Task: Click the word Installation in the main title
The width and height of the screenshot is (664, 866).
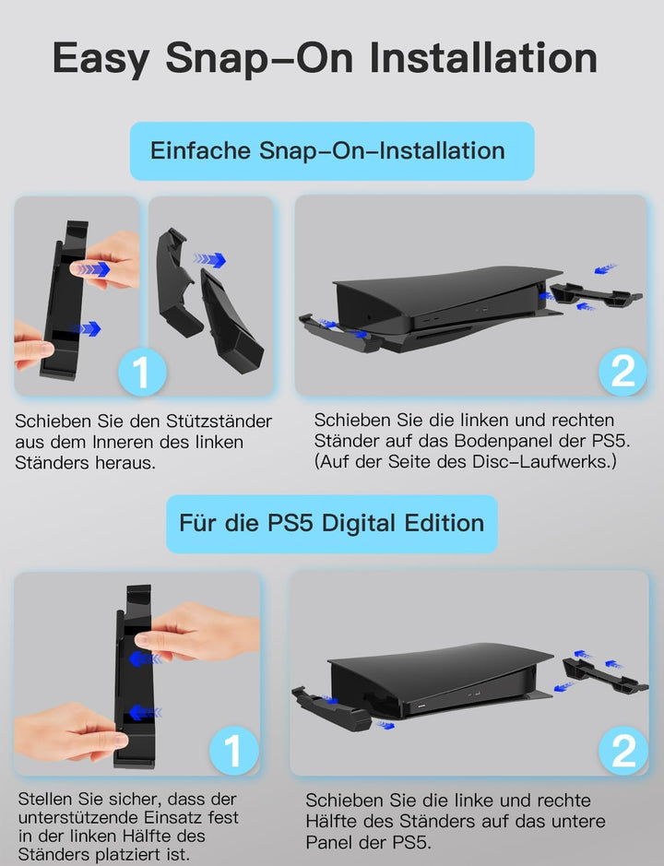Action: tap(483, 57)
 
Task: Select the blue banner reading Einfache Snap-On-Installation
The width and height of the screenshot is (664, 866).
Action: tap(332, 150)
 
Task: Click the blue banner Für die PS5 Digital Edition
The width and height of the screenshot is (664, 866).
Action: tap(331, 524)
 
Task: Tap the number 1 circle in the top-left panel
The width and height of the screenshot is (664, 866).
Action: tap(142, 372)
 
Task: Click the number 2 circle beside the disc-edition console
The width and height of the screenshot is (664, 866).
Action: tap(622, 371)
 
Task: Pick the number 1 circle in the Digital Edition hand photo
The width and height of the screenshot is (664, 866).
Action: tap(233, 751)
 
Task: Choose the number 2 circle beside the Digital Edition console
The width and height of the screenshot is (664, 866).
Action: tap(623, 751)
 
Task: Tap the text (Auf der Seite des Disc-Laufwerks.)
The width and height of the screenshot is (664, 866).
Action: tap(465, 461)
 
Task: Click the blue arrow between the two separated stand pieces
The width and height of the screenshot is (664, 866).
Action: tap(209, 259)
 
